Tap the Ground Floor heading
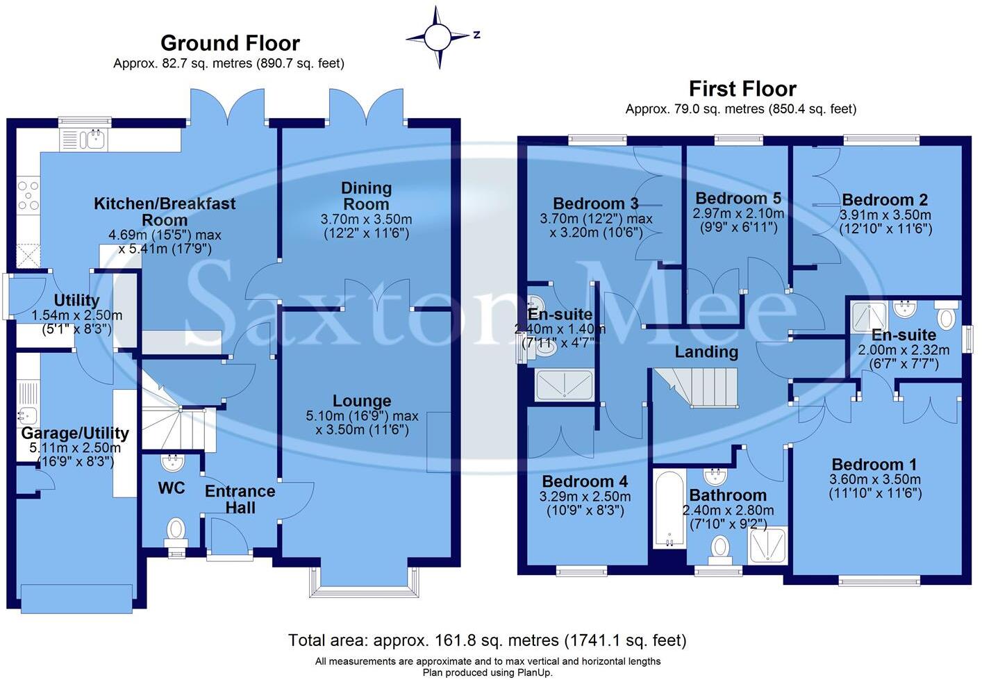(230, 43)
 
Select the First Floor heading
(742, 89)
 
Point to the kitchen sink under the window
(92, 140)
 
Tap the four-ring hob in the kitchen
(28, 195)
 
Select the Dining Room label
(366, 196)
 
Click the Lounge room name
(362, 401)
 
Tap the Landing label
(706, 352)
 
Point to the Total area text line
(487, 640)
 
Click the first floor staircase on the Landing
(697, 388)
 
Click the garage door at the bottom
(76, 596)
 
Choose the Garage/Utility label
(75, 433)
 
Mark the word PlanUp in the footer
(534, 672)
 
